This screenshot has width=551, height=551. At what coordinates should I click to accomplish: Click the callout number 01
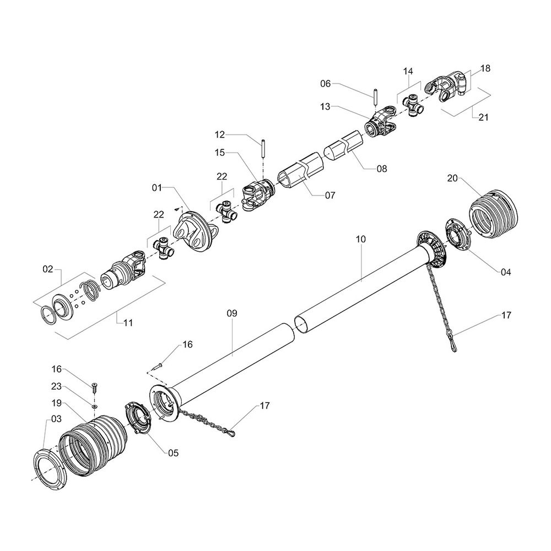coord(157,188)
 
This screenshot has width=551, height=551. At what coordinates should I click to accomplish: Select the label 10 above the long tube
coord(361,239)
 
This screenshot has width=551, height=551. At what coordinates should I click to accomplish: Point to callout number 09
coord(231,313)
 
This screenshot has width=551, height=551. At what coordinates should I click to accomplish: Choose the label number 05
coord(173,453)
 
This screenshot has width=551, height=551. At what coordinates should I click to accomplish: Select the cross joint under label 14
coord(412,105)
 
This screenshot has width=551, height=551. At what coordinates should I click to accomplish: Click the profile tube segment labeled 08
coord(345,149)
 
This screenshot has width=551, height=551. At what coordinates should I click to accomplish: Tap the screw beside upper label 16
coord(158,364)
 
